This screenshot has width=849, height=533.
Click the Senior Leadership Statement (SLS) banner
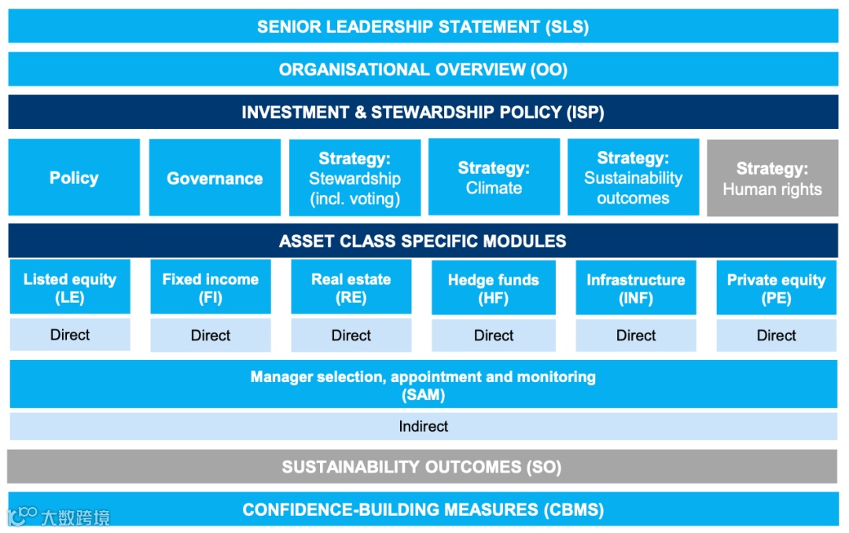point(423,27)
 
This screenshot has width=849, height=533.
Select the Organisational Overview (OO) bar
point(423,69)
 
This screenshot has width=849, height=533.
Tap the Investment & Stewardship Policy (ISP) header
point(423,112)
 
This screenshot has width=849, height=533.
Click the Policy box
point(74,178)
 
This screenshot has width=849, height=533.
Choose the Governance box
point(215,178)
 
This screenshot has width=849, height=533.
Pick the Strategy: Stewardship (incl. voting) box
point(355,178)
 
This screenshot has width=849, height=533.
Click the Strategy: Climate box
point(494,178)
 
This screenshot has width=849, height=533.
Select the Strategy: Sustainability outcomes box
point(633,178)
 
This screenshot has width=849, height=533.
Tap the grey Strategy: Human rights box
point(772,178)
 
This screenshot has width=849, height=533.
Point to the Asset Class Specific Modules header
point(423,241)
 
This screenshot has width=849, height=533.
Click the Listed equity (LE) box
point(70,288)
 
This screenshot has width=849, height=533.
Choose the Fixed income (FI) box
point(211,288)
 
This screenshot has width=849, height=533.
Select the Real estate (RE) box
point(351,288)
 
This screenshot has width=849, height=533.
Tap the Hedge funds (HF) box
point(494,289)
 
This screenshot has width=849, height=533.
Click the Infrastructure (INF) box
point(636,289)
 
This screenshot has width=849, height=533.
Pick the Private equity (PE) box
point(776,289)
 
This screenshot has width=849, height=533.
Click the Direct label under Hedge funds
point(494,336)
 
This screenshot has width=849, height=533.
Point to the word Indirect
point(423,426)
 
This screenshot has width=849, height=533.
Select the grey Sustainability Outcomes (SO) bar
point(423,467)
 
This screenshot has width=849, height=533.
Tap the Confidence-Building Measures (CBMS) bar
point(423,509)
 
